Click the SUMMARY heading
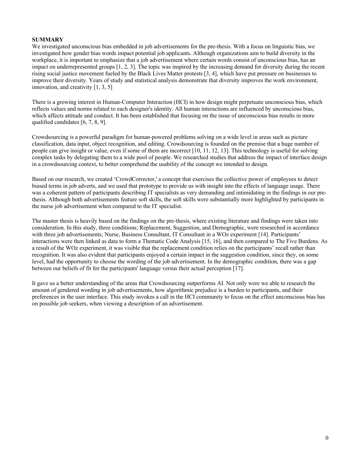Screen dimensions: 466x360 tap(47, 40)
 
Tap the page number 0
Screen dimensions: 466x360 tap(327, 438)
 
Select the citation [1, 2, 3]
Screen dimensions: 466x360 tap(126, 67)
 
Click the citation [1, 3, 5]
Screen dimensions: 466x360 tap(103, 87)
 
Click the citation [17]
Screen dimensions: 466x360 tap(238, 268)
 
